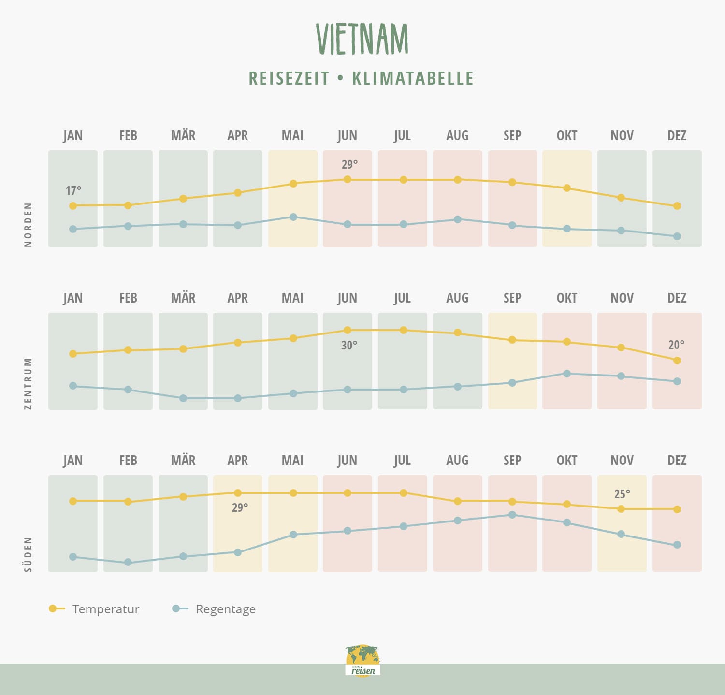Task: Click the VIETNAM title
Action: pos(362,39)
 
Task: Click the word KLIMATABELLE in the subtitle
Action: pos(413,78)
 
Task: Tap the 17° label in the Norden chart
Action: pos(73,191)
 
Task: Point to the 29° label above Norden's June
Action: pos(349,164)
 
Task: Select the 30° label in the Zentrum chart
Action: pos(349,346)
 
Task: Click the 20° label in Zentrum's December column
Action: pos(676,345)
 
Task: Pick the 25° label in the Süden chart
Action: pos(622,494)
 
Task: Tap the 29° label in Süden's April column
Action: pos(240,508)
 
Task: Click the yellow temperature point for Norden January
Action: pos(73,206)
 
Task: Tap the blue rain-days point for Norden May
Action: pos(293,217)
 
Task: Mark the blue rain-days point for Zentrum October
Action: pos(567,374)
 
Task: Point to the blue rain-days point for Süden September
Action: pos(512,515)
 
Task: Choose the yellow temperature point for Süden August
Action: pos(458,501)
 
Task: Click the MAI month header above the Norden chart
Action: pos(292,136)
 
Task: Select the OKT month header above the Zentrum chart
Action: pos(567,298)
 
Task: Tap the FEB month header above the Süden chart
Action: pos(128,461)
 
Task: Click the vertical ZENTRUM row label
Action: pos(28,383)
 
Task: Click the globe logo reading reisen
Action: pos(363,660)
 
